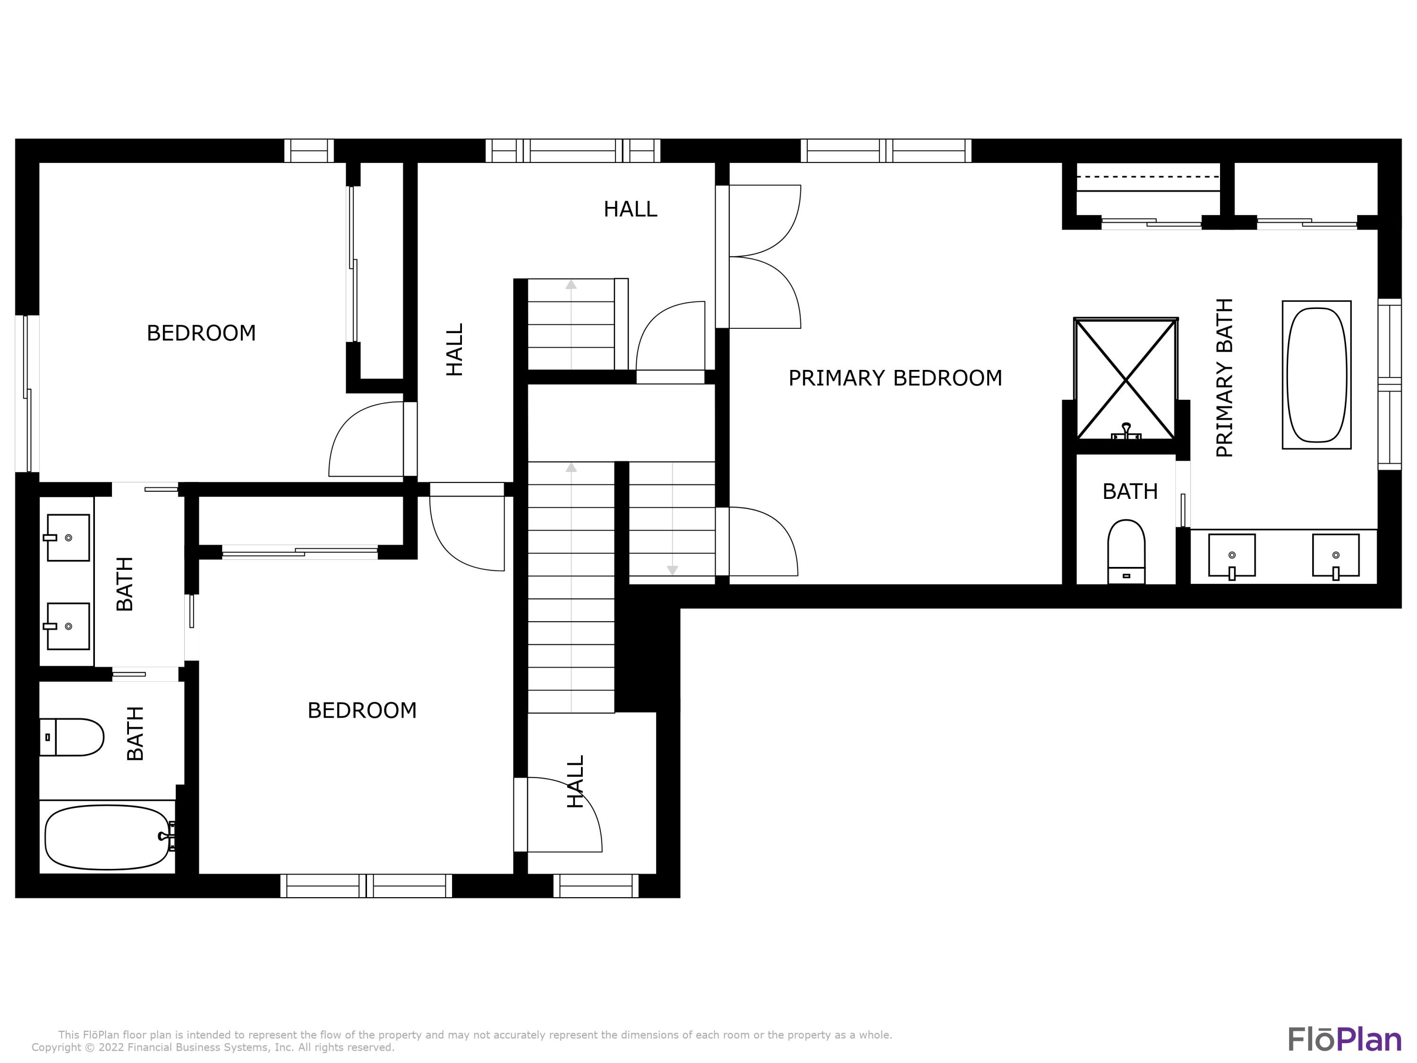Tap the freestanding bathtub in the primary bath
[x=1316, y=375]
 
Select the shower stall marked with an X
[x=1126, y=380]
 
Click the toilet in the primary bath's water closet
[x=1126, y=550]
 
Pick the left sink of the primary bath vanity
[x=1231, y=556]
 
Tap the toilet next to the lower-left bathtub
[x=72, y=737]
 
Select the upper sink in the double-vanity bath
[x=68, y=538]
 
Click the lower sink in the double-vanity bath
[x=68, y=626]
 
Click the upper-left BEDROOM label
[x=201, y=333]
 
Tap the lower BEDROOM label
[x=362, y=711]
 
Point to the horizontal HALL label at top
[x=631, y=209]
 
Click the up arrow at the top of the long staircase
[x=571, y=468]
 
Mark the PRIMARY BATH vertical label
[x=1224, y=378]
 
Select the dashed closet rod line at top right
[x=1147, y=176]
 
